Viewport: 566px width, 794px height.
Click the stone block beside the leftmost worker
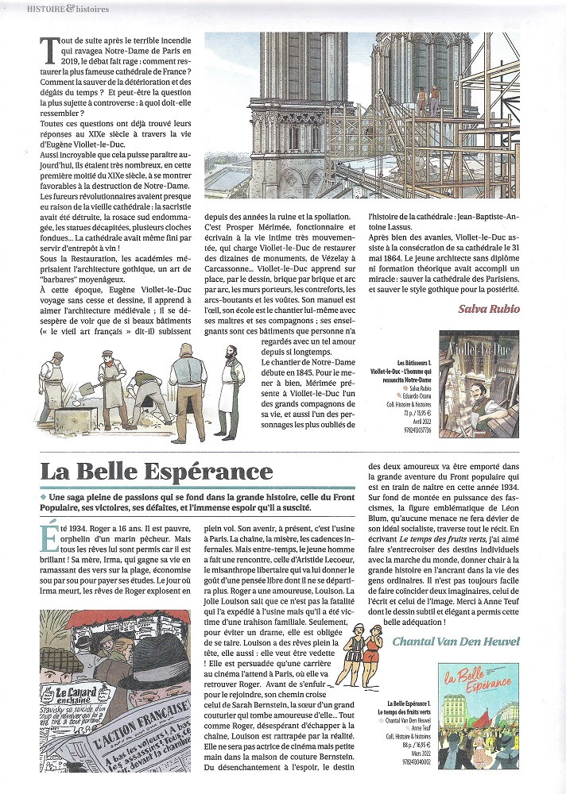pyautogui.click(x=60, y=420)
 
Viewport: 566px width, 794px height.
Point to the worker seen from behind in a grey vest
pyautogui.click(x=188, y=389)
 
